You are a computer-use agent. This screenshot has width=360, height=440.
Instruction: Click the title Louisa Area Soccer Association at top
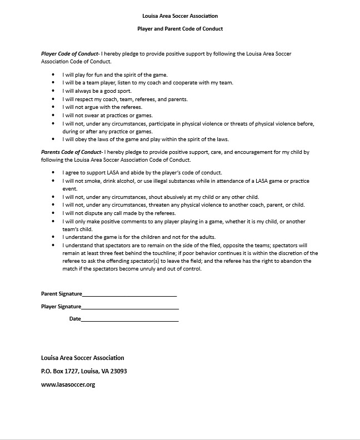(179, 16)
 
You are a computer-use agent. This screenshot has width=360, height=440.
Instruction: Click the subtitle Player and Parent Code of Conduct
(179, 28)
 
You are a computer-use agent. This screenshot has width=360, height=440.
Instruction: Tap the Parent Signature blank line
(129, 294)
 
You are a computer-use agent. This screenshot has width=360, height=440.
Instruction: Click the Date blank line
(130, 319)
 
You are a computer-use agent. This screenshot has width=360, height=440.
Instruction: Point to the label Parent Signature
(62, 293)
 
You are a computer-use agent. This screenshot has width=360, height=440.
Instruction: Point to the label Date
(75, 319)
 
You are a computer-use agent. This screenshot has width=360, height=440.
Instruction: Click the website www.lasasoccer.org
(68, 384)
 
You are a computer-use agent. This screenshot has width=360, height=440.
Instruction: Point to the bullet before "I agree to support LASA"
(53, 173)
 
